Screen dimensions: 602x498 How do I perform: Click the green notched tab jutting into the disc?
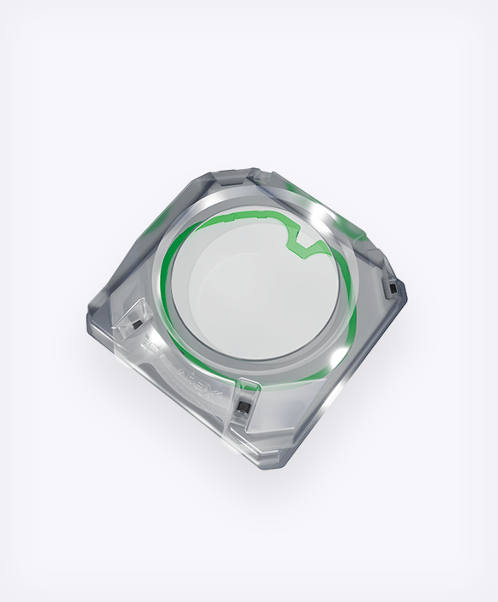point(303,241)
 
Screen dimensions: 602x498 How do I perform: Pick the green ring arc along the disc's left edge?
point(168,280)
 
